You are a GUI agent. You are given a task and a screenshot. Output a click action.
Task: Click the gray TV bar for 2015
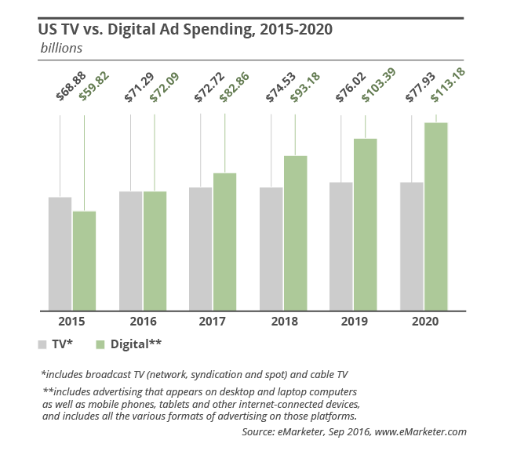[60, 253]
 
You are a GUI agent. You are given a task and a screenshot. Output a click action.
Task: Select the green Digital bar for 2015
[84, 260]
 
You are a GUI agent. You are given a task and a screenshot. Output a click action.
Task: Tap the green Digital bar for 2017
[224, 241]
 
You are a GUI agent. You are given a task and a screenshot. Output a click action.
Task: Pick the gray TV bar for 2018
[271, 248]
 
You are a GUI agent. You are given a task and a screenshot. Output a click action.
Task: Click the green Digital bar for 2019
[365, 224]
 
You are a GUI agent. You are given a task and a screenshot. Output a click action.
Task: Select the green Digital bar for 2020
[435, 216]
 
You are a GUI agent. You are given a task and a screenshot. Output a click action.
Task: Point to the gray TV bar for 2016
[130, 250]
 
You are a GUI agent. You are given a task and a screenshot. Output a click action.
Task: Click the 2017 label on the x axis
[213, 322]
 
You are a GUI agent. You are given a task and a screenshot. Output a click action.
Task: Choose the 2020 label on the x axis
[424, 322]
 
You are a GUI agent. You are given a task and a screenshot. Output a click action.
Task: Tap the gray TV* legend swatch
[42, 344]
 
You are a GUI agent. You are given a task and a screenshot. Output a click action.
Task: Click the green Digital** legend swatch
[100, 344]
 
